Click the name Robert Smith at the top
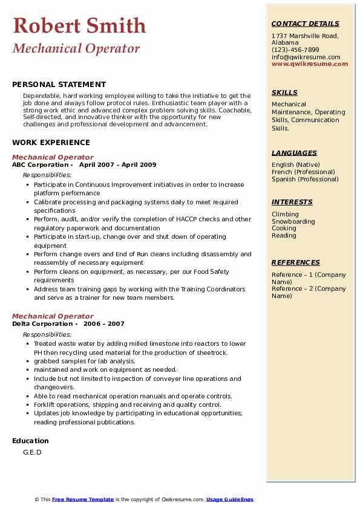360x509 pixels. (x=79, y=26)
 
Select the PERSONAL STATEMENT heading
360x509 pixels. (x=59, y=85)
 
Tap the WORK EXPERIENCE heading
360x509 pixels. (x=51, y=143)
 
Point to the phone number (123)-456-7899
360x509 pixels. (x=295, y=50)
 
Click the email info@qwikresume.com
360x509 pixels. (x=306, y=57)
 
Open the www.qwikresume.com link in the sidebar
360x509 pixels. (x=310, y=63)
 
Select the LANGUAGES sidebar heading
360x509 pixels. (x=294, y=154)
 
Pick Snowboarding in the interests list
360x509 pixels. (x=293, y=221)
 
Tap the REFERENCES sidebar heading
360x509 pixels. (x=296, y=263)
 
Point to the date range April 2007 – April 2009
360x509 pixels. (x=117, y=165)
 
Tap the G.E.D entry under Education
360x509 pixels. (x=32, y=452)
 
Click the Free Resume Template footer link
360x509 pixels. (x=83, y=499)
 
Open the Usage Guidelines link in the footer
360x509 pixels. (x=229, y=499)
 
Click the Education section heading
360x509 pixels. (x=30, y=441)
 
